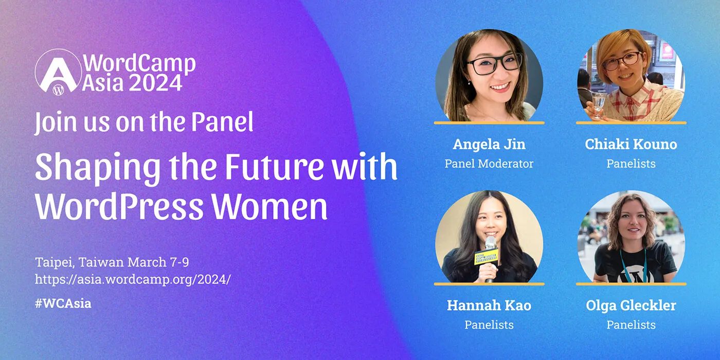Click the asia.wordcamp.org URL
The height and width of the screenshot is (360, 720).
click(133, 279)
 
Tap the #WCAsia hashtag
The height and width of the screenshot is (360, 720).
click(63, 303)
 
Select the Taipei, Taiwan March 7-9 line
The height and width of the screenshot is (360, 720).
click(112, 262)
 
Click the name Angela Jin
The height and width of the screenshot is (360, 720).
click(489, 145)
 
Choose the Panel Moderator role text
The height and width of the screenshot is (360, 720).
click(489, 164)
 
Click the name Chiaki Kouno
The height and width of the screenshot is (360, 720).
click(631, 145)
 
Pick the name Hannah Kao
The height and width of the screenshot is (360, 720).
click(489, 305)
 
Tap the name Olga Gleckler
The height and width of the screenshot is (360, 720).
click(631, 305)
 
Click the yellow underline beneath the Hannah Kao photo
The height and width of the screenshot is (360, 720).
click(489, 284)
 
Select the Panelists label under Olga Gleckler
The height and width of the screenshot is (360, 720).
click(631, 325)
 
